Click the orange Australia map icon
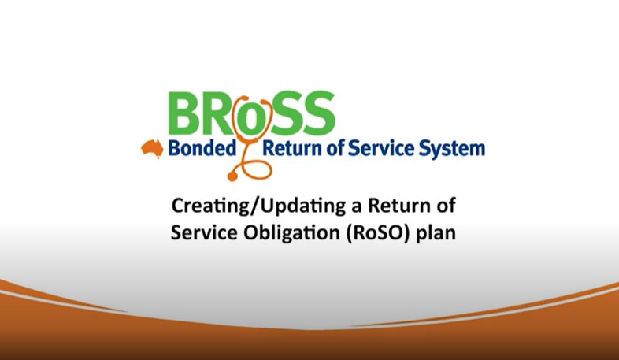tap(151, 147)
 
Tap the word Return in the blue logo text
tap(292, 148)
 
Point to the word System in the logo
tap(454, 148)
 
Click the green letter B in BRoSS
tap(184, 113)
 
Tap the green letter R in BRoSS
tap(223, 113)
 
